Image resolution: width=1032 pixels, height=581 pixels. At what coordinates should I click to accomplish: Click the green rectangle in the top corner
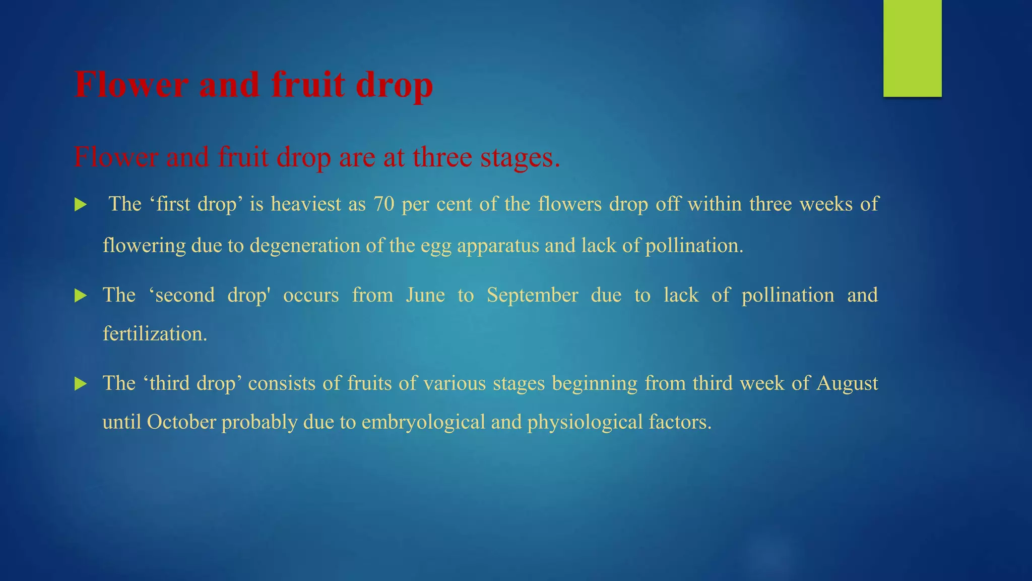click(912, 48)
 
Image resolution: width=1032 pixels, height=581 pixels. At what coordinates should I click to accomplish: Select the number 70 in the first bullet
click(383, 204)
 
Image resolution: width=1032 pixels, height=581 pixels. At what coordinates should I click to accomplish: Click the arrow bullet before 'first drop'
click(81, 205)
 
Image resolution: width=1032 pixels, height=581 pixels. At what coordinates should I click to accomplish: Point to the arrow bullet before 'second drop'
click(81, 296)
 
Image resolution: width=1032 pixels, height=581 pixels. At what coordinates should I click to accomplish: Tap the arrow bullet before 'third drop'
click(81, 384)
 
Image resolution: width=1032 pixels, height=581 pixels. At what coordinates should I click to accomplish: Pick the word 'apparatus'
click(498, 246)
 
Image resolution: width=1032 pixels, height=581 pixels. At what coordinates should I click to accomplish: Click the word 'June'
click(425, 295)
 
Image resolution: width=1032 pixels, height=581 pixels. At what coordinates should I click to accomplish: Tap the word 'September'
click(532, 295)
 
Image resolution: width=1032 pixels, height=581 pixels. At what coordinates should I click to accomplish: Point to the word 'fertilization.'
click(155, 334)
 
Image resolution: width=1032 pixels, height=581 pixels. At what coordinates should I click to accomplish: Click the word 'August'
click(847, 383)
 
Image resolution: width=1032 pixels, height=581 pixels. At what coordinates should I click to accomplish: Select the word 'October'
click(181, 422)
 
